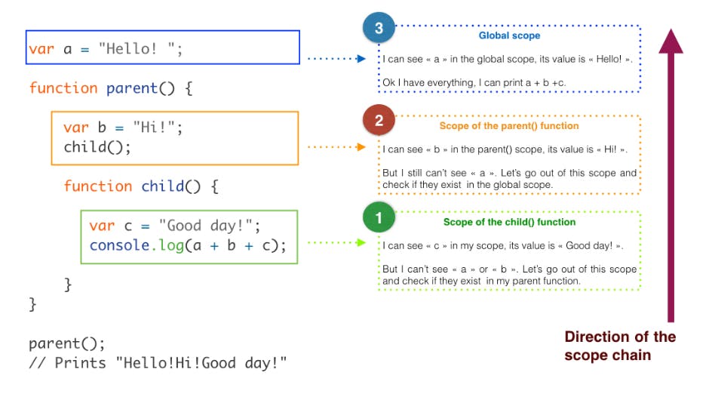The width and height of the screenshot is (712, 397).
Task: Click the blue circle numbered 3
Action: [x=379, y=28]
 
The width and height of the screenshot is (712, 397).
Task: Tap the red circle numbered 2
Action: [x=379, y=120]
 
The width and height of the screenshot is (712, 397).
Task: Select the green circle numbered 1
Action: [x=379, y=217]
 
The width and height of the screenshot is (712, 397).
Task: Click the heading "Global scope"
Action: [x=509, y=35]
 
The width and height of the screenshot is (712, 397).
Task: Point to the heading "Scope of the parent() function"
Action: [x=509, y=126]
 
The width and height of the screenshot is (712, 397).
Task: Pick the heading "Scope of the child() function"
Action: [x=509, y=222]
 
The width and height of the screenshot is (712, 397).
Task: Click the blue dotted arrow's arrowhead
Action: [x=361, y=59]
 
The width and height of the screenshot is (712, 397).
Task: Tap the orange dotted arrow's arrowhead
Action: [x=361, y=146]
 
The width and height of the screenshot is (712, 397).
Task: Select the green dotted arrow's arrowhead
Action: [x=361, y=242]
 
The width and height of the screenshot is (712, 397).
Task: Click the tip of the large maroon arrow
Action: [x=671, y=29]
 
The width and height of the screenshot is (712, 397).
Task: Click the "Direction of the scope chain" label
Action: [x=620, y=346]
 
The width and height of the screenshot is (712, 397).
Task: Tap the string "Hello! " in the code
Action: [x=137, y=48]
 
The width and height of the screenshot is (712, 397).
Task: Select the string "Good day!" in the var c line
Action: [x=206, y=226]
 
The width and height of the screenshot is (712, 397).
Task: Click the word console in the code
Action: [x=119, y=245]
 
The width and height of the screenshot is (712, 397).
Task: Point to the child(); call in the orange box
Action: [x=97, y=147]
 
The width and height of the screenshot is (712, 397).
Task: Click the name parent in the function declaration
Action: [x=132, y=88]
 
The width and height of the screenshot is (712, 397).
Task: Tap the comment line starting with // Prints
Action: [x=158, y=363]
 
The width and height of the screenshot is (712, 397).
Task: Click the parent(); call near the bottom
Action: [x=66, y=343]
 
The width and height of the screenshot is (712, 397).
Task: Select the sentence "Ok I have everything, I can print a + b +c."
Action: [x=474, y=83]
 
